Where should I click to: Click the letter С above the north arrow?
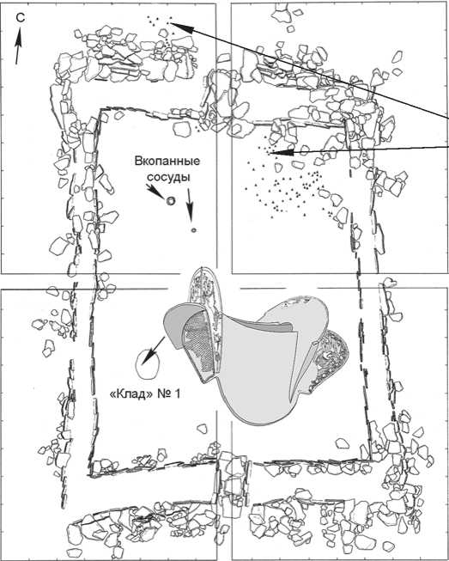(21, 18)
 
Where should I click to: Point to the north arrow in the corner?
(18, 46)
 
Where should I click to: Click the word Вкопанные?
(167, 162)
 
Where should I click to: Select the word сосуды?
(168, 177)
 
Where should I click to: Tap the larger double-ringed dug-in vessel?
(171, 201)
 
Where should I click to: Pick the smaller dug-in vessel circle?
(193, 230)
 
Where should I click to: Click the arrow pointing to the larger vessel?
(155, 192)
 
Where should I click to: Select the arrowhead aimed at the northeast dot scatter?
(281, 153)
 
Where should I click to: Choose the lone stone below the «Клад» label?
(203, 429)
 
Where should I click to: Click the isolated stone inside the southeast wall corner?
(343, 442)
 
